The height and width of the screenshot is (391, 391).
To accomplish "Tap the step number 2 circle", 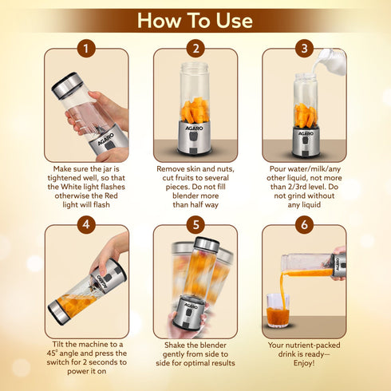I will tap(195, 49).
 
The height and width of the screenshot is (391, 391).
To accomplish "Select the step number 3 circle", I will tap(304, 49).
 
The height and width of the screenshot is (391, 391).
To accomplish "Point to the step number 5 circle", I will tap(195, 226).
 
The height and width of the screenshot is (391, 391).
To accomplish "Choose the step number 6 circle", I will tap(304, 226).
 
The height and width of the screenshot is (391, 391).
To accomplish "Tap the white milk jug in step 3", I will tap(332, 62).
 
